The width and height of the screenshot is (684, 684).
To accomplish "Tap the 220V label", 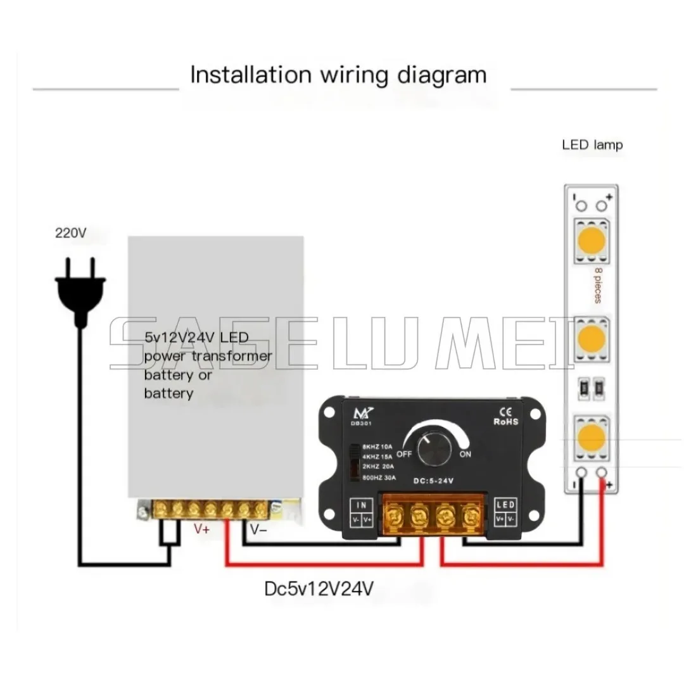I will [x=70, y=233].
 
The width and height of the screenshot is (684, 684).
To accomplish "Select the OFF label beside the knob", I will [x=405, y=453].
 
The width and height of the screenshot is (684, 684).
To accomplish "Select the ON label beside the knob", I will [x=465, y=454].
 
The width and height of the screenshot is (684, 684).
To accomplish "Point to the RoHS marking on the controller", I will [x=505, y=421].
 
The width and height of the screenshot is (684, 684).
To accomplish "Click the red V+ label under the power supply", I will [x=201, y=529].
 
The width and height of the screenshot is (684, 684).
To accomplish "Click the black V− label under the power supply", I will [x=258, y=529].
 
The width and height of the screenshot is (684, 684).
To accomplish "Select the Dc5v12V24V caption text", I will [x=319, y=589].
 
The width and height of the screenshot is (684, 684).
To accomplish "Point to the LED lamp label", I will [x=592, y=144].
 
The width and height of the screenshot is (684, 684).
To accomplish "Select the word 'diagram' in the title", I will [x=440, y=75].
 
